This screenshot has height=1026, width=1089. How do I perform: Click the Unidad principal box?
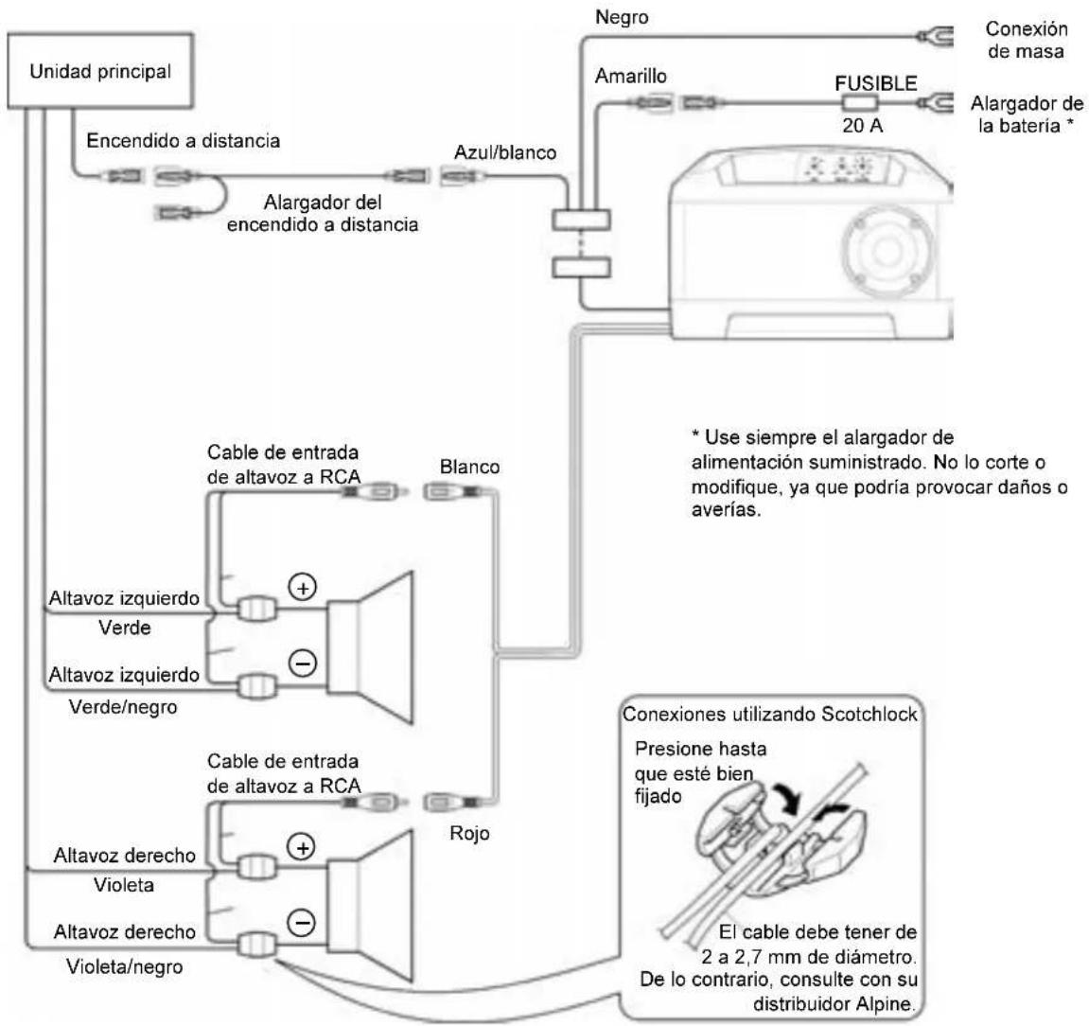click(x=100, y=71)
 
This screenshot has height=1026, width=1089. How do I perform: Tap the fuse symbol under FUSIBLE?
click(x=860, y=103)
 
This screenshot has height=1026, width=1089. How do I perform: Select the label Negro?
click(x=622, y=17)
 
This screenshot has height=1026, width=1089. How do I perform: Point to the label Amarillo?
click(x=631, y=76)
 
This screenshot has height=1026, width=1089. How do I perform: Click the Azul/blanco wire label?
click(x=505, y=152)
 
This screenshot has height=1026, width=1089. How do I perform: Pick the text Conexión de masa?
click(x=1026, y=40)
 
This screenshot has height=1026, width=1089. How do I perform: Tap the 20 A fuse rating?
click(x=862, y=125)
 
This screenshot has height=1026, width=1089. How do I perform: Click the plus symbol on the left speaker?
click(x=302, y=588)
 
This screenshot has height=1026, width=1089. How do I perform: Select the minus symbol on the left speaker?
click(x=302, y=663)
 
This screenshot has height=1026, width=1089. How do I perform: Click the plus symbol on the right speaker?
click(x=302, y=847)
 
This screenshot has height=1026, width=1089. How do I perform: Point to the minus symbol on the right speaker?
click(x=302, y=923)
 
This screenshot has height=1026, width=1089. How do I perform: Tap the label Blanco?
click(x=469, y=467)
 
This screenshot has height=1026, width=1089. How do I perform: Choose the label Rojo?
click(x=469, y=833)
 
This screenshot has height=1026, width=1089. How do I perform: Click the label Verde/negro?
click(x=123, y=707)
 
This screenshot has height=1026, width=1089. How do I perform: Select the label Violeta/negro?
click(x=124, y=966)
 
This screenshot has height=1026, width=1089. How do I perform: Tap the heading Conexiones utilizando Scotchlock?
click(x=769, y=714)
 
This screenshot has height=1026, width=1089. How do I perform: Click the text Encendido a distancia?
click(x=184, y=141)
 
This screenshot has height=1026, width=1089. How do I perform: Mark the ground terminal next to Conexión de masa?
click(x=934, y=35)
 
